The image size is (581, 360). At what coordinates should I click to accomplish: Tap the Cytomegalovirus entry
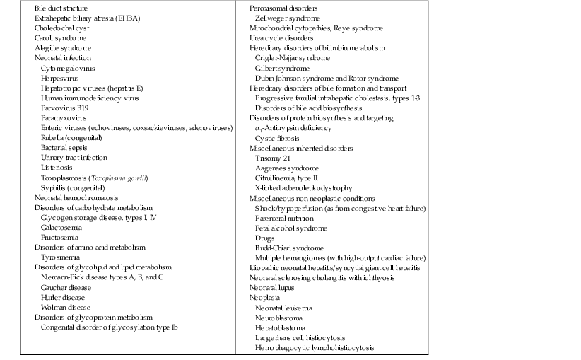(68, 67)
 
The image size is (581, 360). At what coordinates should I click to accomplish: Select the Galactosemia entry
(61, 228)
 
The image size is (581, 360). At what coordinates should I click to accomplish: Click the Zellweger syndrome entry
(288, 17)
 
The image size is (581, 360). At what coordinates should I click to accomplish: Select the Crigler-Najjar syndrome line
(292, 57)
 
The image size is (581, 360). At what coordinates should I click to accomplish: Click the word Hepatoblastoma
(281, 328)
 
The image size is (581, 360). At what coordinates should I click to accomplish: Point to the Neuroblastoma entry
(278, 318)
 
